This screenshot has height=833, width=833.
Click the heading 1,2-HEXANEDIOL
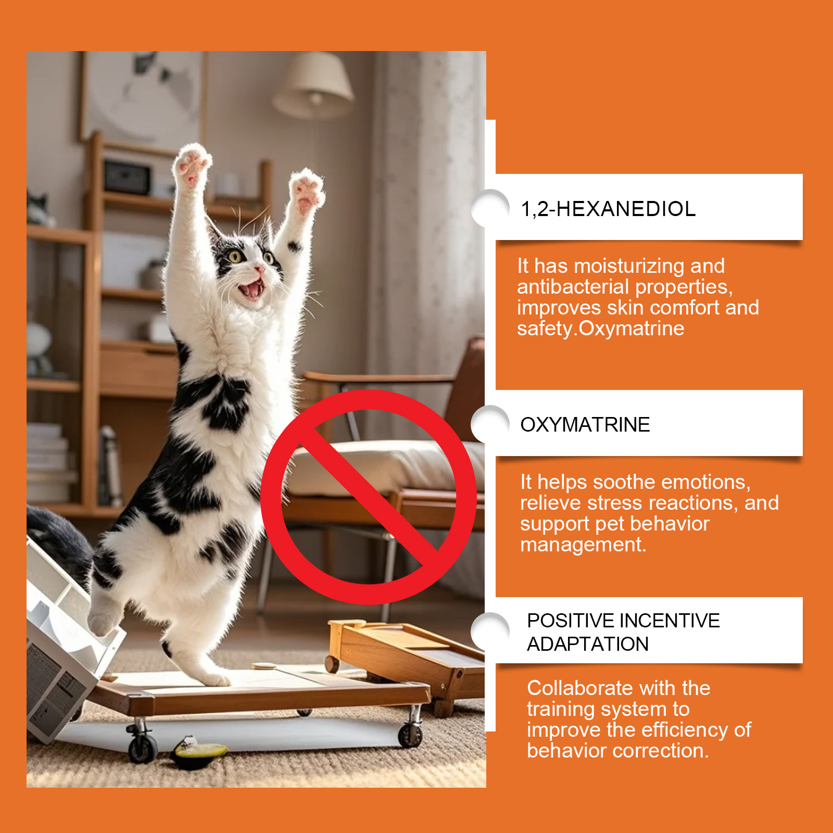tap(608, 209)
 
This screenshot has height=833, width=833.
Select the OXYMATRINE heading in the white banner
tap(585, 424)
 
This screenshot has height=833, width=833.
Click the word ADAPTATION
tap(588, 644)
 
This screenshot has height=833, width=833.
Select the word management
tap(583, 545)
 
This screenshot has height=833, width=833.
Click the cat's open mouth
tap(253, 289)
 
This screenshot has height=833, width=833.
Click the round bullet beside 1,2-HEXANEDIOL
tap(489, 208)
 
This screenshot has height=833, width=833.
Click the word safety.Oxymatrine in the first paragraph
tap(601, 329)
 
